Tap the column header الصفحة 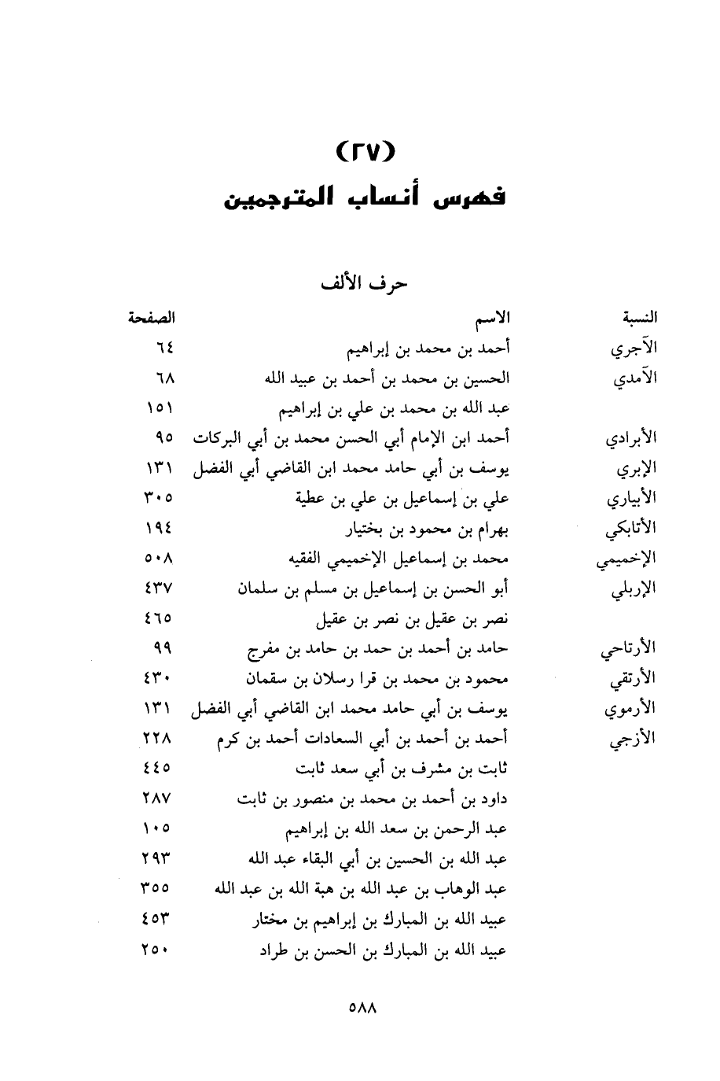click(x=152, y=318)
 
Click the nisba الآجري click(x=634, y=349)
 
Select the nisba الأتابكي click(x=631, y=529)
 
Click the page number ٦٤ click(x=163, y=347)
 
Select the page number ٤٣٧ click(x=158, y=588)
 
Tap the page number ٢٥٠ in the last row click(x=158, y=950)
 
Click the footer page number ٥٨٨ click(x=362, y=1006)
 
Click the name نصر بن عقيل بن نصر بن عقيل click(x=412, y=618)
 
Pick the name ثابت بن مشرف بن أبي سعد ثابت click(x=401, y=768)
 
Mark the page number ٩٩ click(x=163, y=648)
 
